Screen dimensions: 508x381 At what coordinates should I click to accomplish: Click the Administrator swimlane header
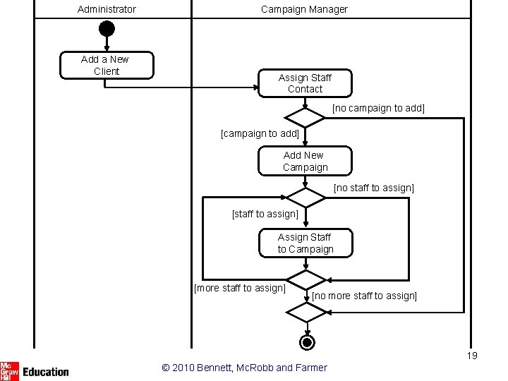(x=107, y=9)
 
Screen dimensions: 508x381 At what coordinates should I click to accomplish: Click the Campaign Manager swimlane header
(x=304, y=9)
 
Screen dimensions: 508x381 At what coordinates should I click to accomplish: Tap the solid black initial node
(x=107, y=28)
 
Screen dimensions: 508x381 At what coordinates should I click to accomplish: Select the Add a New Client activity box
(x=107, y=65)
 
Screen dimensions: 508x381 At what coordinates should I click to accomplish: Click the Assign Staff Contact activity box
(x=305, y=83)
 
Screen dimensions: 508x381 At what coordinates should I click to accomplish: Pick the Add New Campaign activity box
(x=305, y=161)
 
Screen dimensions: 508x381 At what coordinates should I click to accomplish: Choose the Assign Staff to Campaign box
(x=306, y=243)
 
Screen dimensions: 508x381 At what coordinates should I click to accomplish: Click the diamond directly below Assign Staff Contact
(x=305, y=118)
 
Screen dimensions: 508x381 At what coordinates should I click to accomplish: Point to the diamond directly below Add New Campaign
(x=306, y=198)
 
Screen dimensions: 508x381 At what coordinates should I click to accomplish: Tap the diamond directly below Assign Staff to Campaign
(x=306, y=280)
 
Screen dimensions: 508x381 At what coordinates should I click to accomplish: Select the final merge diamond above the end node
(x=307, y=313)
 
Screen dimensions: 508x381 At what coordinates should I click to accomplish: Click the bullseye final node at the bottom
(x=307, y=342)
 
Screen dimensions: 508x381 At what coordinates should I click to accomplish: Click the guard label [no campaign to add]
(x=378, y=108)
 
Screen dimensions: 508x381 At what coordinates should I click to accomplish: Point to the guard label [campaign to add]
(x=260, y=133)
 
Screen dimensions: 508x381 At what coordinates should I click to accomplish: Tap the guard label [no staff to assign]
(x=374, y=188)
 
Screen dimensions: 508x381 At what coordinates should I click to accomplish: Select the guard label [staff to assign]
(x=265, y=214)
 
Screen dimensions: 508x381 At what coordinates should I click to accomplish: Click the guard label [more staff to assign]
(x=240, y=288)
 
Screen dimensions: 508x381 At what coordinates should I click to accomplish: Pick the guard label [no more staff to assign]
(x=365, y=296)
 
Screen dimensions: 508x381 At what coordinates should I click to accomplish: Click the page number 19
(x=472, y=356)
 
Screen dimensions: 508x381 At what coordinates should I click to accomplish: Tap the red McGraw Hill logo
(x=9, y=371)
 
